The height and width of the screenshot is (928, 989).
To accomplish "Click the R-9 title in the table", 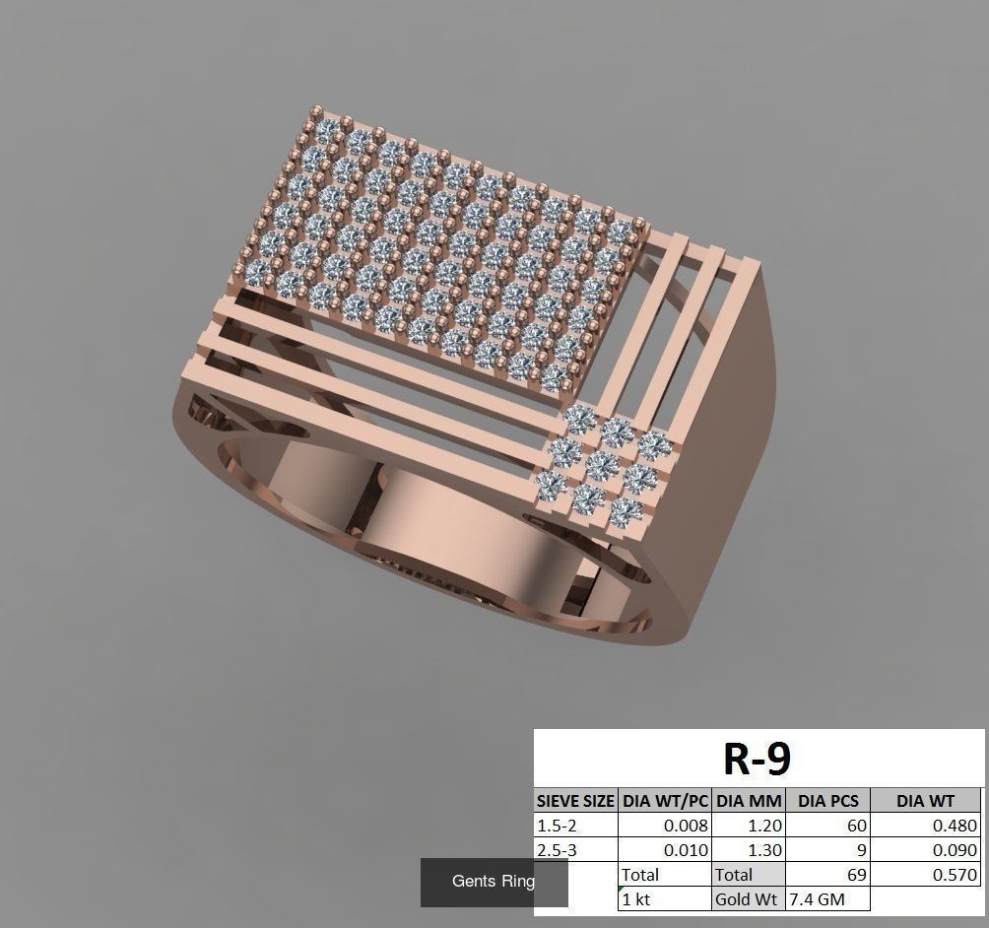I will pyautogui.click(x=758, y=759).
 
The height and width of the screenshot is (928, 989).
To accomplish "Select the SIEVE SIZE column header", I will pyautogui.click(x=576, y=801).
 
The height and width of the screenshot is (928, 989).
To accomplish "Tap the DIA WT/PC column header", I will pyautogui.click(x=665, y=801).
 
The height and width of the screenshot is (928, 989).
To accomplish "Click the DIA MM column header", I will pyautogui.click(x=748, y=801).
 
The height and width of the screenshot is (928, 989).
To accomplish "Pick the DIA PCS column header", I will pyautogui.click(x=827, y=801).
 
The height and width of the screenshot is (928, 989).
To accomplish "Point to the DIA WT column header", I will pyautogui.click(x=925, y=801).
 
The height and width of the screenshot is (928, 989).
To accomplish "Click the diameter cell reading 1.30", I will pyautogui.click(x=748, y=850).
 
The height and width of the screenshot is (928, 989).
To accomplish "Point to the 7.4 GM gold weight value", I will pyautogui.click(x=816, y=898).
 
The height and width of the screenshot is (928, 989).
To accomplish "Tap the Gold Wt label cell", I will pyautogui.click(x=748, y=898).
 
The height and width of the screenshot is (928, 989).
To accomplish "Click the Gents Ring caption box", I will pyautogui.click(x=494, y=882).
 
